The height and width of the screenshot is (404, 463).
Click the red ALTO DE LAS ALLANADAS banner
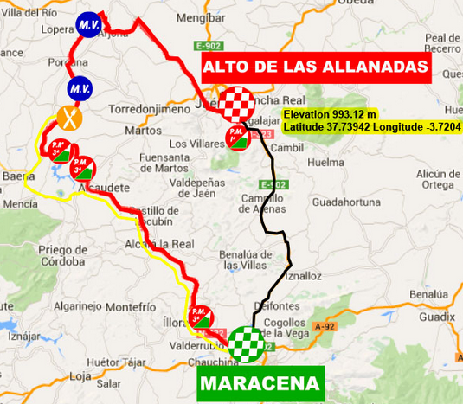(316, 67)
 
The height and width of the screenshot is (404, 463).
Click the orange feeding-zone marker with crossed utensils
(68, 116)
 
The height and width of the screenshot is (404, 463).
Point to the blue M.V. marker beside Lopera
(87, 25)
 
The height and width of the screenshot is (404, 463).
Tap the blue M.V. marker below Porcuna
(80, 89)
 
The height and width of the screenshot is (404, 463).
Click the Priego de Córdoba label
(62, 255)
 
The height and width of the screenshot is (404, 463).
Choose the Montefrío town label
(132, 306)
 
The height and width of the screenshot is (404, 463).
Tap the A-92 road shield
(325, 325)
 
